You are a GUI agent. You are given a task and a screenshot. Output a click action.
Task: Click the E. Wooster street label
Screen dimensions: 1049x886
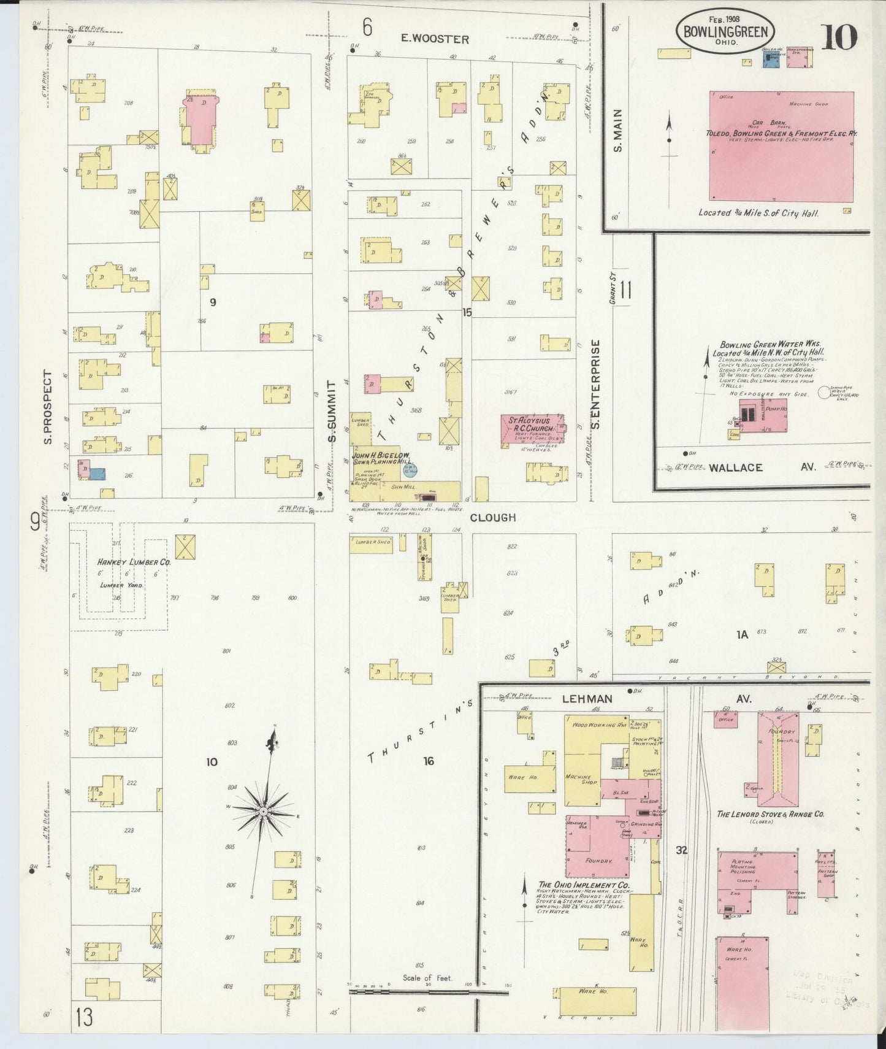435,39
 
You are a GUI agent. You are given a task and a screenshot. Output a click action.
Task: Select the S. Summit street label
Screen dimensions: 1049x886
332,410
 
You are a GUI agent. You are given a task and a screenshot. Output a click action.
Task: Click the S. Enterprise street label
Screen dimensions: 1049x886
596,385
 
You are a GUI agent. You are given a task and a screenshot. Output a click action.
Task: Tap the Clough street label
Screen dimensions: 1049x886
492,517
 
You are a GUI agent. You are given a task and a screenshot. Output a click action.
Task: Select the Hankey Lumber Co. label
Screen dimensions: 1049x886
133,561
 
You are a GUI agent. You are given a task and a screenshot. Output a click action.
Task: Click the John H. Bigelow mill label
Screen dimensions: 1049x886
380,458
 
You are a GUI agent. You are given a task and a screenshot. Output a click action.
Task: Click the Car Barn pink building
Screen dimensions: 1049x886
781,146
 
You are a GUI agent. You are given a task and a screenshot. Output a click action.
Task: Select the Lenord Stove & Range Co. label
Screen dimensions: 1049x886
770,815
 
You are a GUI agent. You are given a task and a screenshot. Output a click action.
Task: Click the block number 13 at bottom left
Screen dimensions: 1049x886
85,1017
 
